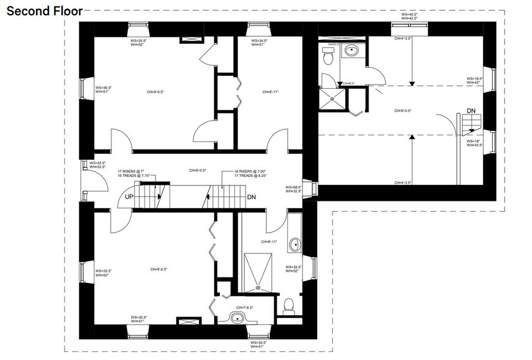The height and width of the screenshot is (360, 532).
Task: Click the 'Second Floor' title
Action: click(41, 10)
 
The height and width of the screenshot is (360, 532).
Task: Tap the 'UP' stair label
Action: click(129, 197)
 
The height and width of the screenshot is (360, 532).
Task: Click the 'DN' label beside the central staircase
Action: click(251, 197)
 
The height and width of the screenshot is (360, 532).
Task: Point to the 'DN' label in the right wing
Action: click(471, 110)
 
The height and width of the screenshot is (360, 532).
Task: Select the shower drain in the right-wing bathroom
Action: click(332, 97)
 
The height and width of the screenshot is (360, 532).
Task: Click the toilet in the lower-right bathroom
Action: click(288, 304)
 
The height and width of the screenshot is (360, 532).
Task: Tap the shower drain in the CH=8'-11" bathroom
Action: click(258, 286)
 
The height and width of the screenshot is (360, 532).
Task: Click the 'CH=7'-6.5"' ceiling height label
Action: click(244, 307)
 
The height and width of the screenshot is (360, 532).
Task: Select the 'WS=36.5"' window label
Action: click(103, 88)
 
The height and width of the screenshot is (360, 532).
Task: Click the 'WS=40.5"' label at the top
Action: click(408, 13)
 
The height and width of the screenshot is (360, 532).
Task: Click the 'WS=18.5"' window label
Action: click(474, 78)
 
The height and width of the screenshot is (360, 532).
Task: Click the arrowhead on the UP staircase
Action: click(159, 197)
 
